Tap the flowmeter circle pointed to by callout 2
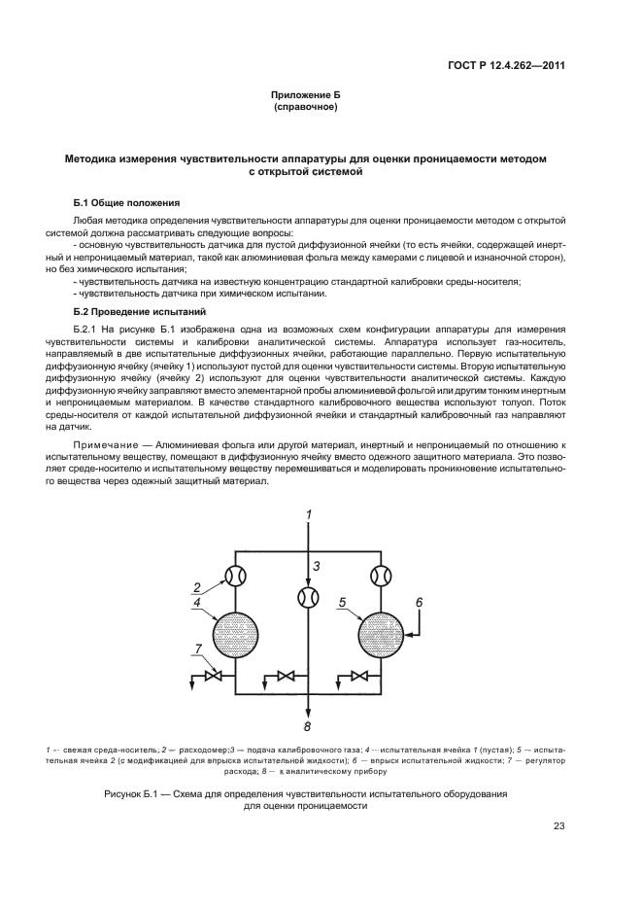tap(236, 575)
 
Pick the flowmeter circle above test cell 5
tap(380, 575)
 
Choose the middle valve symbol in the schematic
tap(287, 677)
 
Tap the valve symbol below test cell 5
tap(358, 677)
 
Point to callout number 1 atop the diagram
tap(308, 514)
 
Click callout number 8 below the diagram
tap(308, 726)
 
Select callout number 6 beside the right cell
tap(419, 603)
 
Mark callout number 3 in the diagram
tap(316, 566)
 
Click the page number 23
tap(558, 827)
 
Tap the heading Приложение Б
tap(306, 95)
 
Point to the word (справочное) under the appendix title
tap(306, 107)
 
